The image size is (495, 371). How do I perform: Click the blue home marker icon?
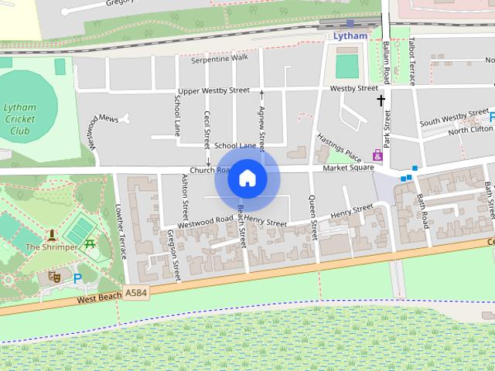click(x=247, y=178)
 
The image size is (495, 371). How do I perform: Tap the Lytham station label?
click(x=350, y=36)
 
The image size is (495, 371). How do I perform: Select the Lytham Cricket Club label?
click(x=19, y=119)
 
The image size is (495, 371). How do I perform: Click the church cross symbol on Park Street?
click(x=381, y=100)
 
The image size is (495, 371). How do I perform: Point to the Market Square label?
click(x=343, y=168)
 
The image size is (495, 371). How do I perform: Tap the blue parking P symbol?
click(x=76, y=277)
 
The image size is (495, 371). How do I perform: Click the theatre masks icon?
click(x=55, y=275)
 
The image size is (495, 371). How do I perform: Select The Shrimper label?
click(x=51, y=247)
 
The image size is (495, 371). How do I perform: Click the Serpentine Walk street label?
click(x=220, y=58)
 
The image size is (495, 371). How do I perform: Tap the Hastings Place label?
click(x=339, y=144)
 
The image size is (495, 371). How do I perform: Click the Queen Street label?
click(x=313, y=218)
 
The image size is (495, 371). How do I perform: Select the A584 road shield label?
click(x=135, y=292)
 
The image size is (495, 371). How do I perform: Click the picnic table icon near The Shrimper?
click(x=90, y=244)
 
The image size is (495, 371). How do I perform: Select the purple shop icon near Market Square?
click(x=377, y=155)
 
